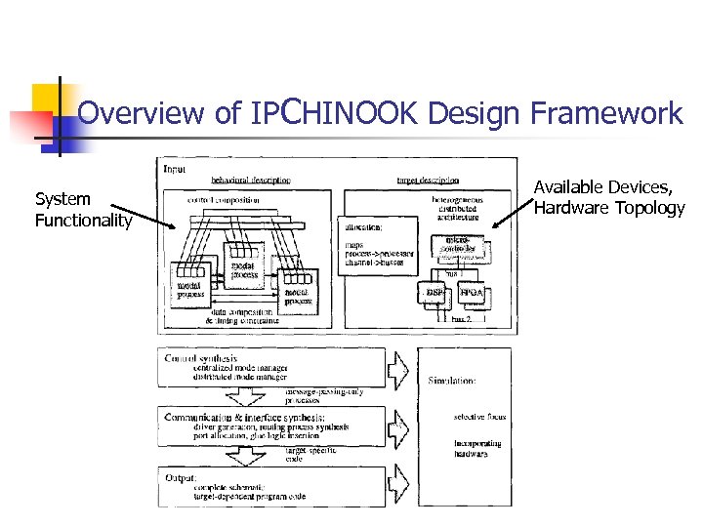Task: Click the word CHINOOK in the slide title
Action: pos(346,113)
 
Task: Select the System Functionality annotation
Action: pos(83,210)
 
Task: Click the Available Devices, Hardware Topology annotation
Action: pos(609,196)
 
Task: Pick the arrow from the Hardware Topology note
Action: pos(508,220)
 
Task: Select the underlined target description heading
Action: pos(428,182)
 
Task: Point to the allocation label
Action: pos(362,226)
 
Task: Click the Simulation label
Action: pos(451,381)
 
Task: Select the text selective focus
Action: pos(480,417)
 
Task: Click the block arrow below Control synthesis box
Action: pos(239,395)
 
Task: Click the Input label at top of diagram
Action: pos(175,168)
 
